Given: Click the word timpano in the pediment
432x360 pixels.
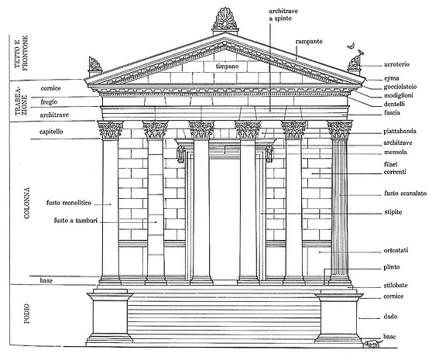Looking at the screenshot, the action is coord(227,67).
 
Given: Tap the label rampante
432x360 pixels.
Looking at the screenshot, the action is coord(309,42).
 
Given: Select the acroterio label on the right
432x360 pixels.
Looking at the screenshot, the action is coord(396,64).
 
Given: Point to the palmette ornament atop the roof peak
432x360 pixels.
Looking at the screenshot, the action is coord(225,19).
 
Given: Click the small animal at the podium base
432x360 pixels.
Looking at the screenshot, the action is coord(372,344).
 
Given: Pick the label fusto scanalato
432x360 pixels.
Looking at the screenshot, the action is coord(405,194).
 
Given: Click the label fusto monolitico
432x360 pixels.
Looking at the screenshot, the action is coord(69,203).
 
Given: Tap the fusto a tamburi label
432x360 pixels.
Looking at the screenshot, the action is coord(76,221).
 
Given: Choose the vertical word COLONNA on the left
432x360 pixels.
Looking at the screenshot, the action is coord(27,203).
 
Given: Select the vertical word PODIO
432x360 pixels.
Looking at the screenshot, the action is coord(27,314).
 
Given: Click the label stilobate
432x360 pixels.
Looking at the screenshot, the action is coord(396,286).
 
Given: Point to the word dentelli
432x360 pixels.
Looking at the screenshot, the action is coord(394,104).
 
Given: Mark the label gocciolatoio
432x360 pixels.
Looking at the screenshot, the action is coord(400,87).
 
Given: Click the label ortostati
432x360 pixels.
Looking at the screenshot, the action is coord(396,250).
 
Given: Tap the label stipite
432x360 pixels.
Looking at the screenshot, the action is coord(393,212).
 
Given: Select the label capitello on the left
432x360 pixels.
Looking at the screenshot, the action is coord(51,132).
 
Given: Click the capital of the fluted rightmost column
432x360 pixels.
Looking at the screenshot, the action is coord(340,129).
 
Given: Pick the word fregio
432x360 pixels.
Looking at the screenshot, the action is coord(49,102).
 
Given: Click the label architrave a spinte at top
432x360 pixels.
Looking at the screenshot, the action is coord(283,15).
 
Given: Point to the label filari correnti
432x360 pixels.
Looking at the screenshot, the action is coord(395,168).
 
